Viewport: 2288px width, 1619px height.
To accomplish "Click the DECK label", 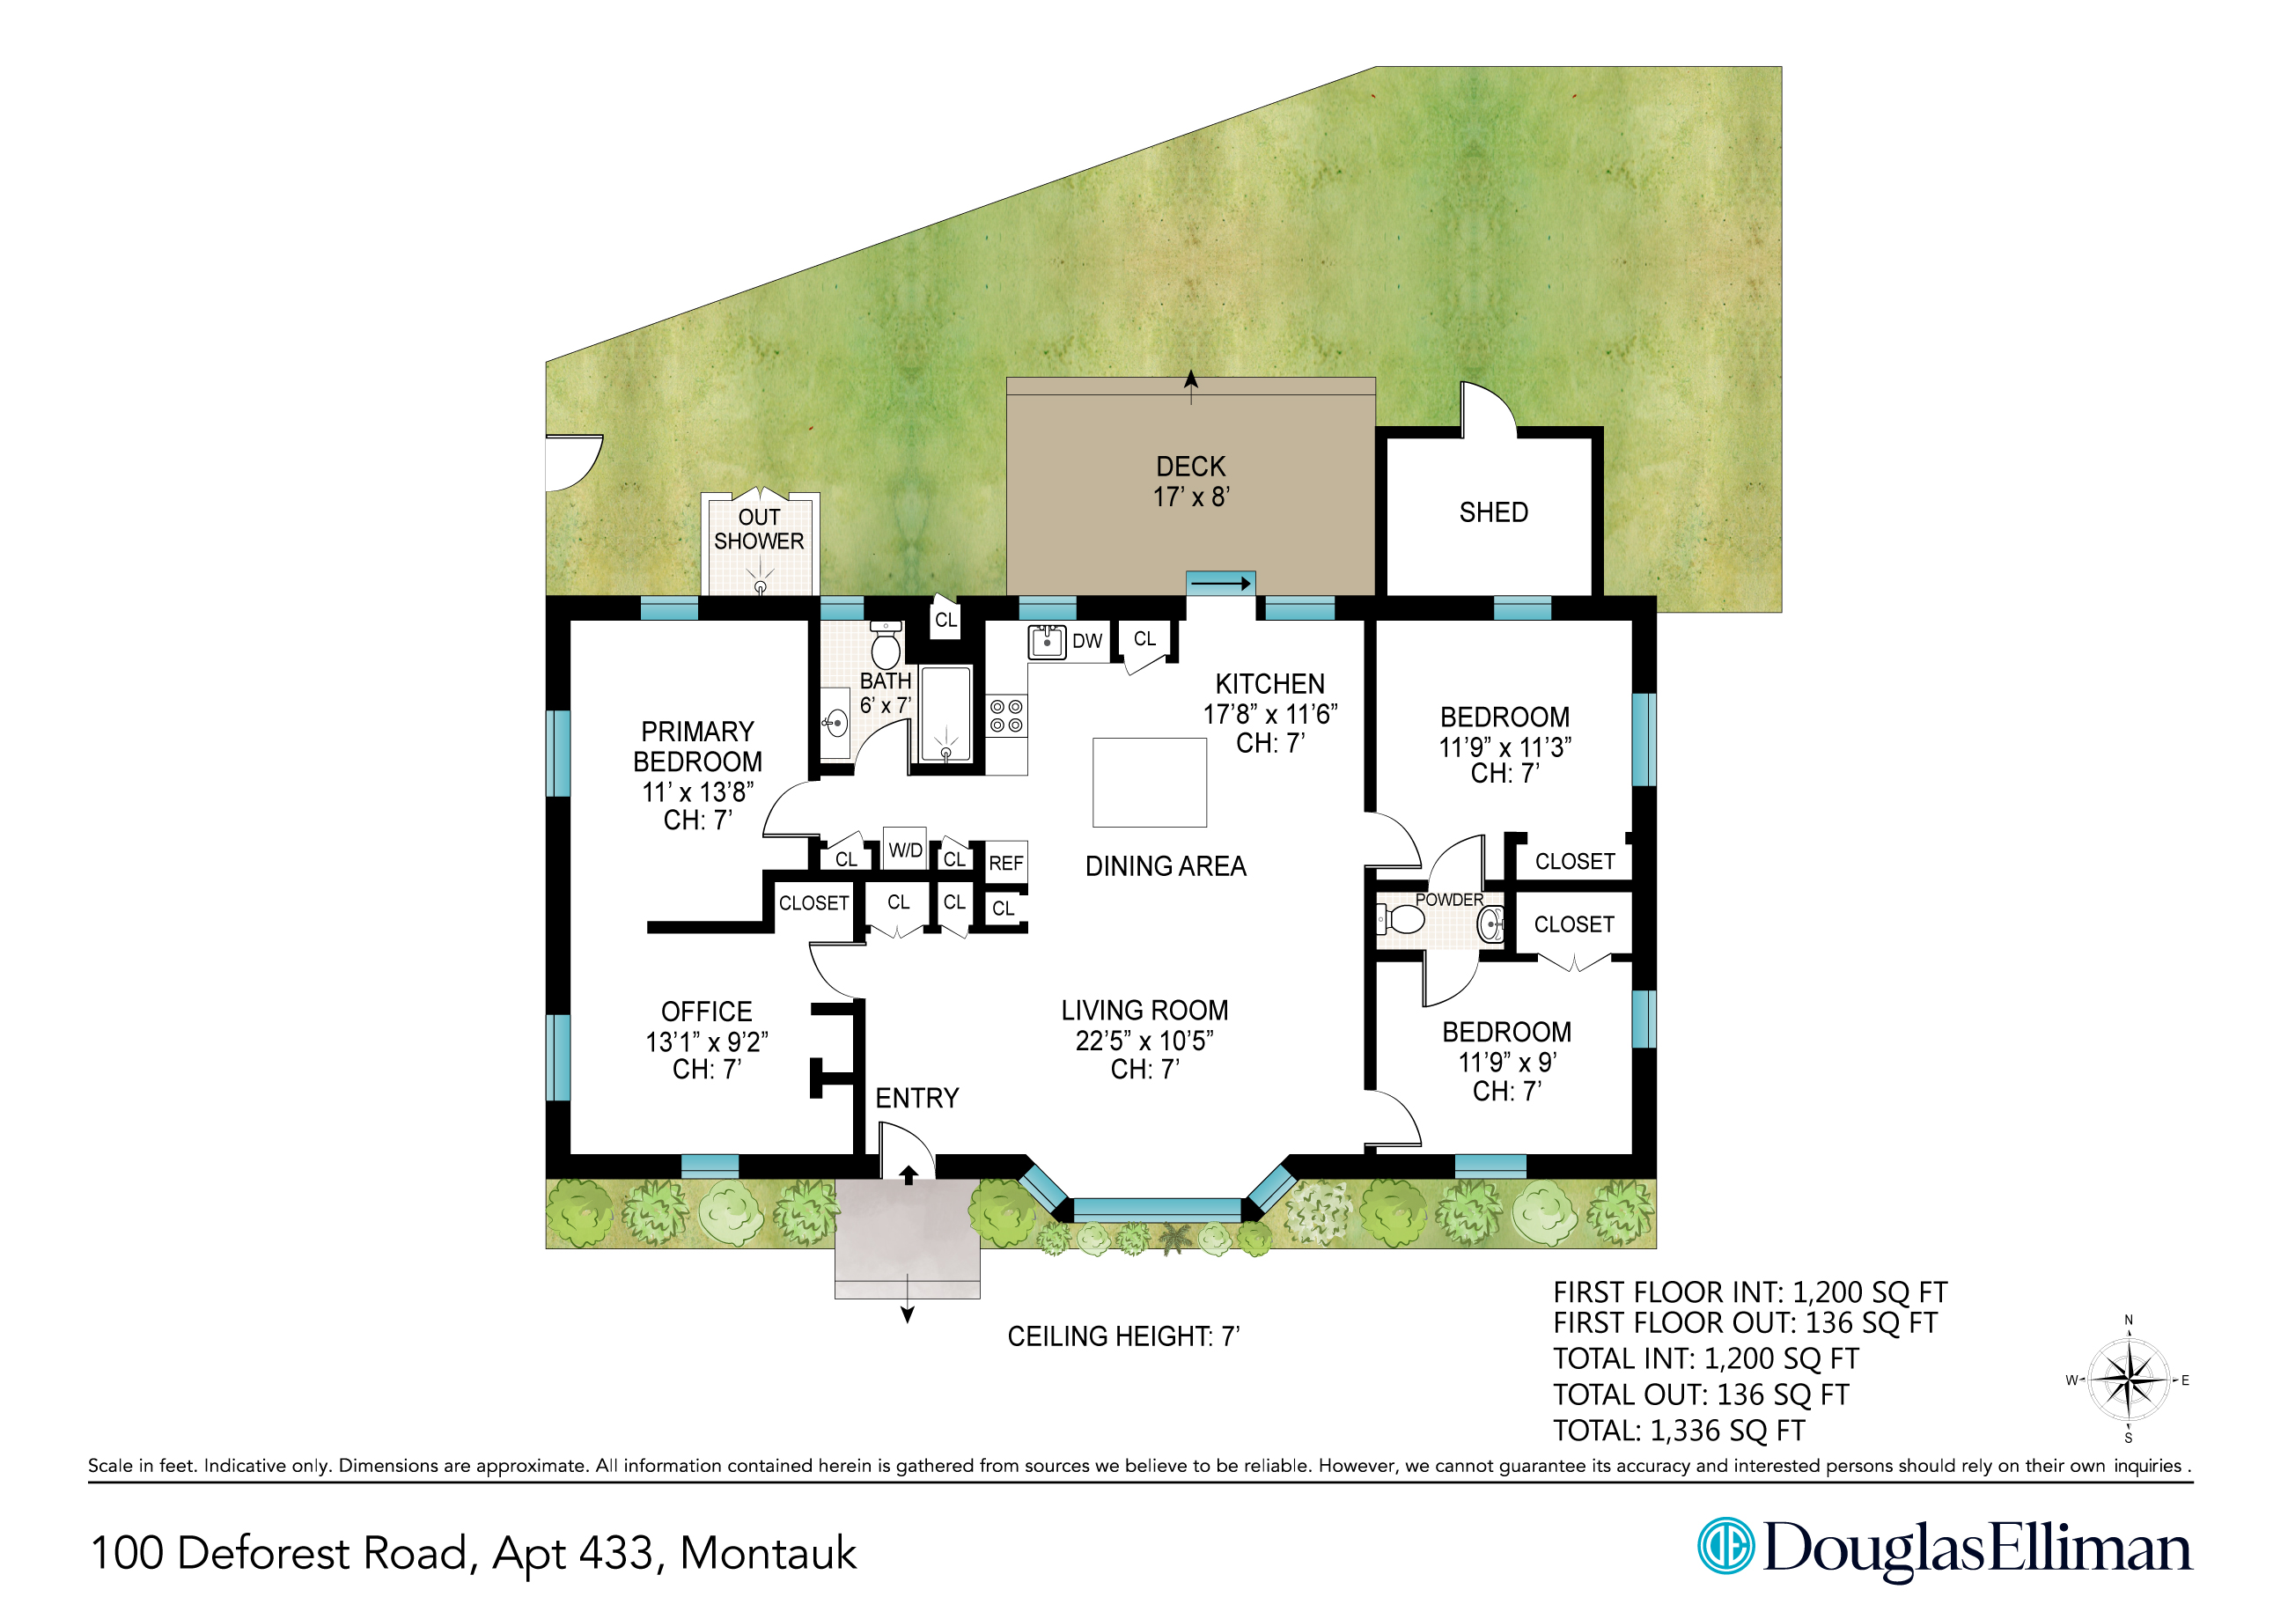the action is click(x=1190, y=467).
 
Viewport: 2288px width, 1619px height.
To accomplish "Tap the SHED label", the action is click(x=1492, y=512).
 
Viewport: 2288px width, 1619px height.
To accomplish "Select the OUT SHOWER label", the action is click(x=759, y=529).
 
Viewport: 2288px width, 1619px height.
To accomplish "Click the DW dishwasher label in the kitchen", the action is click(x=1086, y=641).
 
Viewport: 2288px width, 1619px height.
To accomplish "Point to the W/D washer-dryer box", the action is click(x=905, y=850).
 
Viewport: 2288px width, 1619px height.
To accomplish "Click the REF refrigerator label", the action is click(x=1006, y=864).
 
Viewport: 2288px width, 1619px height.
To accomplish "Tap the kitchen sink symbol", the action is click(x=1047, y=642).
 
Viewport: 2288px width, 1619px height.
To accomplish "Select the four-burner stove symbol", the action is click(x=1006, y=716).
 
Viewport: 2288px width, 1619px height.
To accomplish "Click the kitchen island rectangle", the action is click(x=1150, y=783).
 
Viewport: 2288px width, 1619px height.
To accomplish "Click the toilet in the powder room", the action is click(x=1401, y=919).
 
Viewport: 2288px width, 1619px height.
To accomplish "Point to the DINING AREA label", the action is click(x=1166, y=866).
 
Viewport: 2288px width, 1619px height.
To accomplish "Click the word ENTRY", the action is click(x=917, y=1099).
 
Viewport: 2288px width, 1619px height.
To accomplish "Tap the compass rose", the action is click(x=2129, y=1380).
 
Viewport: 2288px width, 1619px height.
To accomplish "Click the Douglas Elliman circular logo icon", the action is click(x=1725, y=1546).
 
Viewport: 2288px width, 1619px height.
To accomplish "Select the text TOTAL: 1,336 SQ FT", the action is click(x=1679, y=1431).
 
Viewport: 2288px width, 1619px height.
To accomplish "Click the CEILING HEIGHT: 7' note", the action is click(x=1123, y=1336).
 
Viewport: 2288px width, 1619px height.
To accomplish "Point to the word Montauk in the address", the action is click(x=768, y=1553).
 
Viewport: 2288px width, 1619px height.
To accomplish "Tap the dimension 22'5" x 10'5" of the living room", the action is click(x=1144, y=1041).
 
